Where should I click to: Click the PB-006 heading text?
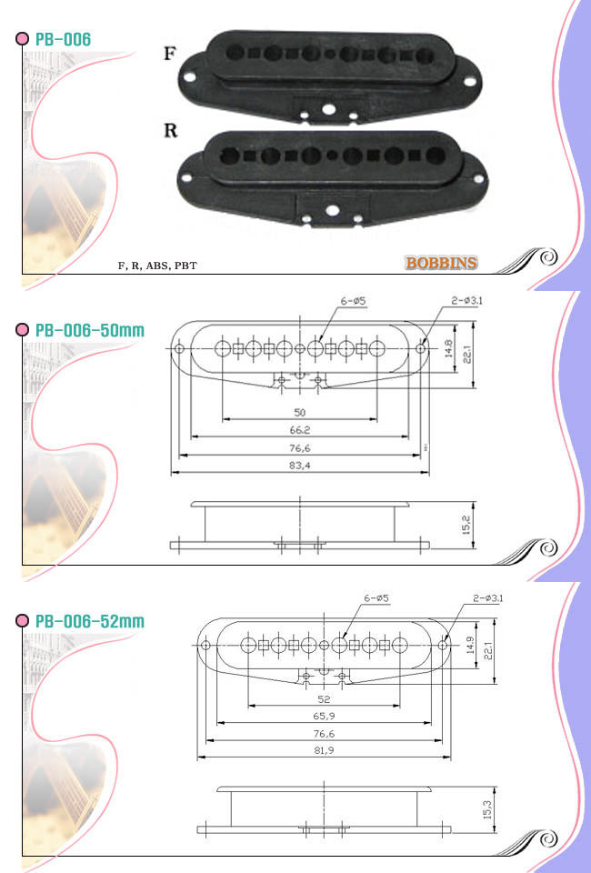click(x=63, y=39)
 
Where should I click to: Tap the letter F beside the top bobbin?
click(x=170, y=54)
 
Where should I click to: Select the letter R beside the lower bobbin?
click(x=170, y=130)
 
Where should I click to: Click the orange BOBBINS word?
click(x=441, y=263)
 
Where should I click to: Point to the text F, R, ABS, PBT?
click(x=157, y=266)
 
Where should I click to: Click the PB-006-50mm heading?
click(x=90, y=330)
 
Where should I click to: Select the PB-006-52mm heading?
click(x=90, y=621)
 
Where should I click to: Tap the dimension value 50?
click(x=300, y=413)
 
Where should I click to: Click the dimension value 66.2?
click(x=300, y=430)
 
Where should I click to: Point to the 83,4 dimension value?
click(x=300, y=466)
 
